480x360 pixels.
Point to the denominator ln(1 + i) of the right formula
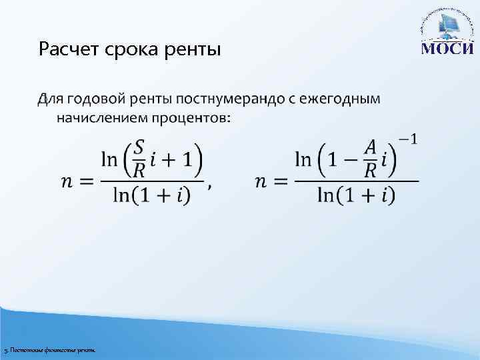coord(356,195)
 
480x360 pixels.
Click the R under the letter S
coord(139,171)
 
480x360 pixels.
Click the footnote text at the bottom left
coord(49,350)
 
